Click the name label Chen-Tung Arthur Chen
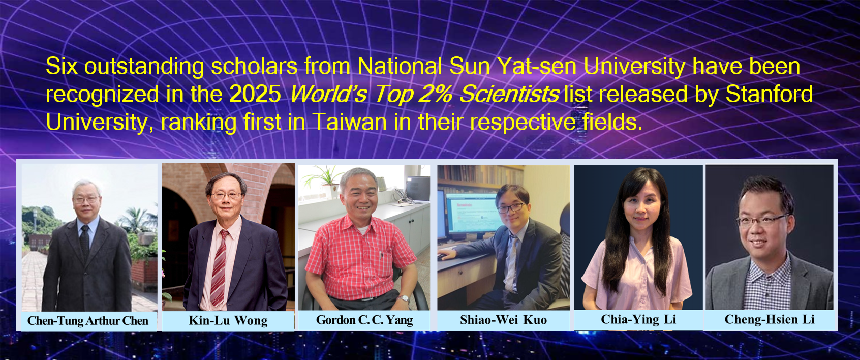(87, 321)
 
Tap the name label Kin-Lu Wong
(228, 320)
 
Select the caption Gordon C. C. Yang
(364, 320)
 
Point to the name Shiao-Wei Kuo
(503, 320)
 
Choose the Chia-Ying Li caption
(638, 319)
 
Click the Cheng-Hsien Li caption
(770, 319)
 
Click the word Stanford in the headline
(769, 94)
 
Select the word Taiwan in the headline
(349, 122)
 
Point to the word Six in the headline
(62, 66)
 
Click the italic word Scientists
(509, 94)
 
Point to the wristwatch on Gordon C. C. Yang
(403, 298)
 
